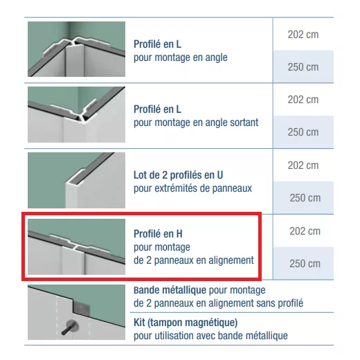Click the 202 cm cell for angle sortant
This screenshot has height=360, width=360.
tap(303, 100)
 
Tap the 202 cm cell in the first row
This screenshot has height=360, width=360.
tap(303, 35)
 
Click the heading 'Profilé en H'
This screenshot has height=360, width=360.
tap(158, 234)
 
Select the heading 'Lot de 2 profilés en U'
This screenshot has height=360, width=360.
tap(179, 175)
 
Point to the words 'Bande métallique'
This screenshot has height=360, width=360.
tap(170, 290)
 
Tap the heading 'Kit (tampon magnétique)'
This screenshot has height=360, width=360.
tap(186, 323)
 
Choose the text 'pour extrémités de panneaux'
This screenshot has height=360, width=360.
tap(192, 188)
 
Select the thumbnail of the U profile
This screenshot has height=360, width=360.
tap(76, 180)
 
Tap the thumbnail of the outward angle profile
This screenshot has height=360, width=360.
tap(76, 114)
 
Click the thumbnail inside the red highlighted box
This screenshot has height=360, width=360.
tap(76, 246)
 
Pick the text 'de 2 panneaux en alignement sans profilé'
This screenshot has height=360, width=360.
tap(218, 303)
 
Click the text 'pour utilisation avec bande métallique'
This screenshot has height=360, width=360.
tap(210, 336)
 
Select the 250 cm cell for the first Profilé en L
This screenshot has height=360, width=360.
tap(303, 67)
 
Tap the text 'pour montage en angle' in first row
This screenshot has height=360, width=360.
tap(181, 57)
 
